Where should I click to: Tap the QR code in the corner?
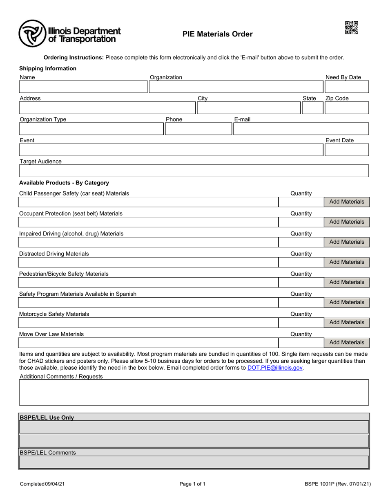click(x=351, y=28)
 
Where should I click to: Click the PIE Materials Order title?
click(x=217, y=34)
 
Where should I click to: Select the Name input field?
click(x=83, y=87)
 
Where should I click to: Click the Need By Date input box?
click(x=346, y=87)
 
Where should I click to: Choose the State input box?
click(x=312, y=108)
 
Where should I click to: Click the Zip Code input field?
click(x=346, y=108)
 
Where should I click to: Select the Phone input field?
click(x=198, y=129)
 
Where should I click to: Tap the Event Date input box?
click(x=346, y=150)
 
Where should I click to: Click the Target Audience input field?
click(x=194, y=171)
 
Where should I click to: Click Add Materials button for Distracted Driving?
click(x=346, y=262)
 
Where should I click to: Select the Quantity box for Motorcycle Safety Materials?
click(x=301, y=323)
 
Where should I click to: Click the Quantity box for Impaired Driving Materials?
click(x=301, y=242)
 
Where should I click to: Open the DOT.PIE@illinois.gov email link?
click(x=275, y=368)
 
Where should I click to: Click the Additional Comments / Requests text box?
click(x=194, y=393)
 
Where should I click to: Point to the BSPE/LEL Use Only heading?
click(x=47, y=418)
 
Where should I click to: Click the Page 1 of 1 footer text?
click(x=192, y=484)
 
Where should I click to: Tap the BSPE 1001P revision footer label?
click(x=337, y=484)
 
